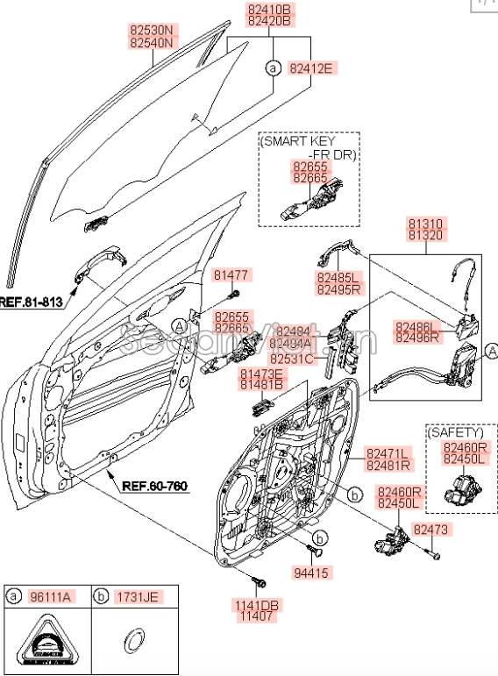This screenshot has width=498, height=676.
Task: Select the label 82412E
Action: (x=311, y=68)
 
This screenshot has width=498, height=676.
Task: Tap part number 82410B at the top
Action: (x=268, y=11)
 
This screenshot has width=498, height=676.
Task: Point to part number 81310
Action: (x=425, y=223)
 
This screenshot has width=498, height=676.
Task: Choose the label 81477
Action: (x=231, y=274)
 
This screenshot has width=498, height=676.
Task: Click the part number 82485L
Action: (x=338, y=276)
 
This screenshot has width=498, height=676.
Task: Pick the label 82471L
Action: (x=388, y=452)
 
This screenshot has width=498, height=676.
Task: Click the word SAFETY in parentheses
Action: (x=455, y=432)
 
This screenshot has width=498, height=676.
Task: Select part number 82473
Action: (x=431, y=530)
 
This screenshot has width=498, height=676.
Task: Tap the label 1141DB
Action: (x=256, y=605)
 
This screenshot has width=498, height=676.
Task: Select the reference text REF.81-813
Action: (x=32, y=302)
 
